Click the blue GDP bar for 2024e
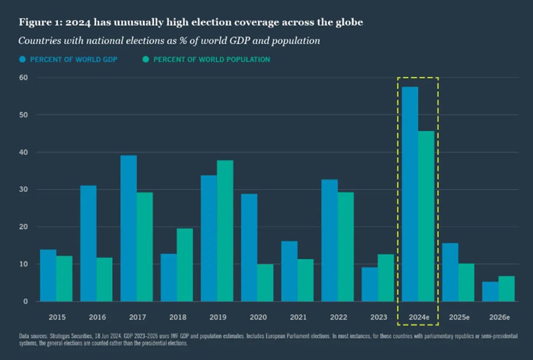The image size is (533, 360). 410,194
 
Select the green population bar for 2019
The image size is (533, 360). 225,231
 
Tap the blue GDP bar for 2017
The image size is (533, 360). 129,228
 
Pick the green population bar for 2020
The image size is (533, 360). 265,283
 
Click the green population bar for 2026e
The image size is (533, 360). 506,289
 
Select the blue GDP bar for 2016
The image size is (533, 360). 88,244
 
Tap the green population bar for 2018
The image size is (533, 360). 185,265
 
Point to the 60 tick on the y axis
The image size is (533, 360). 24,78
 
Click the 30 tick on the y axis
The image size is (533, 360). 24,190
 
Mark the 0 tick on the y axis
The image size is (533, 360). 25,302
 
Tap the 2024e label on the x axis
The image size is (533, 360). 418,317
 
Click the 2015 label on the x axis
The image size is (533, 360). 57,317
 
